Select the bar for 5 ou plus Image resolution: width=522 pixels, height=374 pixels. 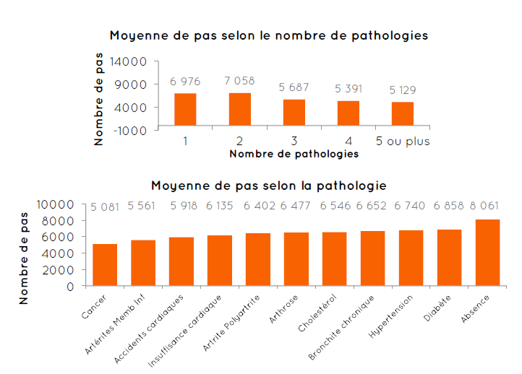point(403,114)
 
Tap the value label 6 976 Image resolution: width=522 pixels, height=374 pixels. point(185,81)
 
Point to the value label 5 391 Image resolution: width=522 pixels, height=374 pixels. point(348,89)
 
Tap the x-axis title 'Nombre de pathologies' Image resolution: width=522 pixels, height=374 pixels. point(294,154)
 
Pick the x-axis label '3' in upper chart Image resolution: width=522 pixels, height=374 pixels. point(294,141)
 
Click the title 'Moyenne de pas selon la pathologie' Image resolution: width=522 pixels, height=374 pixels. point(269,186)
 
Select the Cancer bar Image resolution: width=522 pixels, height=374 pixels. point(105,265)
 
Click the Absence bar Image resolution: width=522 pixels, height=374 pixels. point(487,253)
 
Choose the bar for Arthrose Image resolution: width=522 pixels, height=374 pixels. point(296,259)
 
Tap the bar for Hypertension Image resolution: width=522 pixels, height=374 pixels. point(411,258)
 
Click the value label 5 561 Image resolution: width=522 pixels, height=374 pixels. point(142,206)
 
